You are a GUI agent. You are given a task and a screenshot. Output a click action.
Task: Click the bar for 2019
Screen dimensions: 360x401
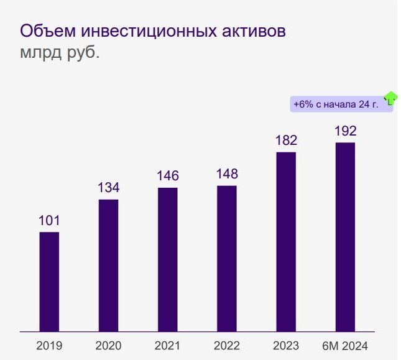pyautogui.click(x=49, y=282)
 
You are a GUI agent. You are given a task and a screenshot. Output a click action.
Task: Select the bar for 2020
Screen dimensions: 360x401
pyautogui.click(x=108, y=265)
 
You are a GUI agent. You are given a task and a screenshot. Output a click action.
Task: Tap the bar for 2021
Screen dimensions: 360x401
pyautogui.click(x=167, y=259)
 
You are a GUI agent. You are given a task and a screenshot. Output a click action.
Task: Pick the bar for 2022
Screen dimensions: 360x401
pyautogui.click(x=227, y=259)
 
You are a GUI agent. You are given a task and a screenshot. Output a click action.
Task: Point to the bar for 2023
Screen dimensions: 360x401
pyautogui.click(x=286, y=242)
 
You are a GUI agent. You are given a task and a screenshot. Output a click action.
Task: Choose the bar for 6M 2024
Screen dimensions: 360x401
pyautogui.click(x=345, y=237)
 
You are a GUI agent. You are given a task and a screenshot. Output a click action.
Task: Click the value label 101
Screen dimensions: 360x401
pyautogui.click(x=49, y=220)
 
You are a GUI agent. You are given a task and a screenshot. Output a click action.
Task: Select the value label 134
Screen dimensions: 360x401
pyautogui.click(x=108, y=187)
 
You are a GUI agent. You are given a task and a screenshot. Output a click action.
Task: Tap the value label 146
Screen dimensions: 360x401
pyautogui.click(x=167, y=175)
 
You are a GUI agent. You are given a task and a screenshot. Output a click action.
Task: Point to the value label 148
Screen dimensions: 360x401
pyautogui.click(x=227, y=173)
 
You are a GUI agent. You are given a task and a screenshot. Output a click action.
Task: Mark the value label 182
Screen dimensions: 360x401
pyautogui.click(x=286, y=140)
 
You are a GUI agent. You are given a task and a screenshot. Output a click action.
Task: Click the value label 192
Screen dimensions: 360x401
pyautogui.click(x=345, y=131)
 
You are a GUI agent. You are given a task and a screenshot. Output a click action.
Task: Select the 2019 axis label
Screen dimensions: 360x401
pyautogui.click(x=49, y=346)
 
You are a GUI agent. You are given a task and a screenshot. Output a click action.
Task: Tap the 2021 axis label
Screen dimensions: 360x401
pyautogui.click(x=167, y=346)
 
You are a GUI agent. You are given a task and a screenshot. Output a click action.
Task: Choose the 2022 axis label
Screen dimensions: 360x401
pyautogui.click(x=227, y=346)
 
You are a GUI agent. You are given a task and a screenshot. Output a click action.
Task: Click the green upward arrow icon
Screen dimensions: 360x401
pyautogui.click(x=390, y=98)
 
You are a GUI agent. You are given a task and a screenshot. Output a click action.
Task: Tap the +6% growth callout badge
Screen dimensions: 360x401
pyautogui.click(x=336, y=104)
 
